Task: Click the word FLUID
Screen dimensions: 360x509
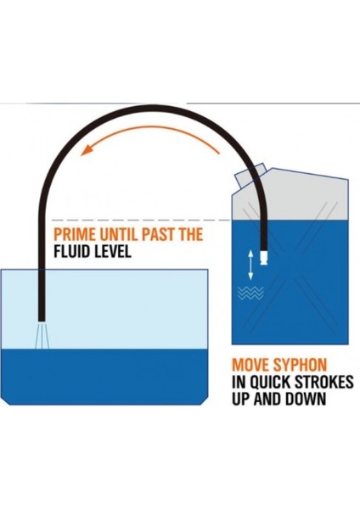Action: pyautogui.click(x=71, y=251)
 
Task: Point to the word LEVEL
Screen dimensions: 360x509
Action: pyautogui.click(x=112, y=251)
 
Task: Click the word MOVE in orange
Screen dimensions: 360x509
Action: pyautogui.click(x=250, y=365)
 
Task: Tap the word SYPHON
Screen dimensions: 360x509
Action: pyautogui.click(x=300, y=365)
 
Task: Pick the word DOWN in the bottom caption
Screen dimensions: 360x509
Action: pyautogui.click(x=306, y=399)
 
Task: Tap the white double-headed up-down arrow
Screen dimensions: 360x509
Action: pyautogui.click(x=250, y=265)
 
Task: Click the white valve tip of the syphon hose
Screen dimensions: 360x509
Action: pyautogui.click(x=264, y=257)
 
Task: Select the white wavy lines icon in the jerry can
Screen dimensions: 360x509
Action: pyautogui.click(x=250, y=294)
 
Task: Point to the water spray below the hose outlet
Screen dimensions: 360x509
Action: pyautogui.click(x=42, y=335)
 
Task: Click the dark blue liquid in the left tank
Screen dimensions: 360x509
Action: pyautogui.click(x=104, y=377)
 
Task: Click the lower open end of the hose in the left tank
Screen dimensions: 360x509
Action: pyautogui.click(x=42, y=320)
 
